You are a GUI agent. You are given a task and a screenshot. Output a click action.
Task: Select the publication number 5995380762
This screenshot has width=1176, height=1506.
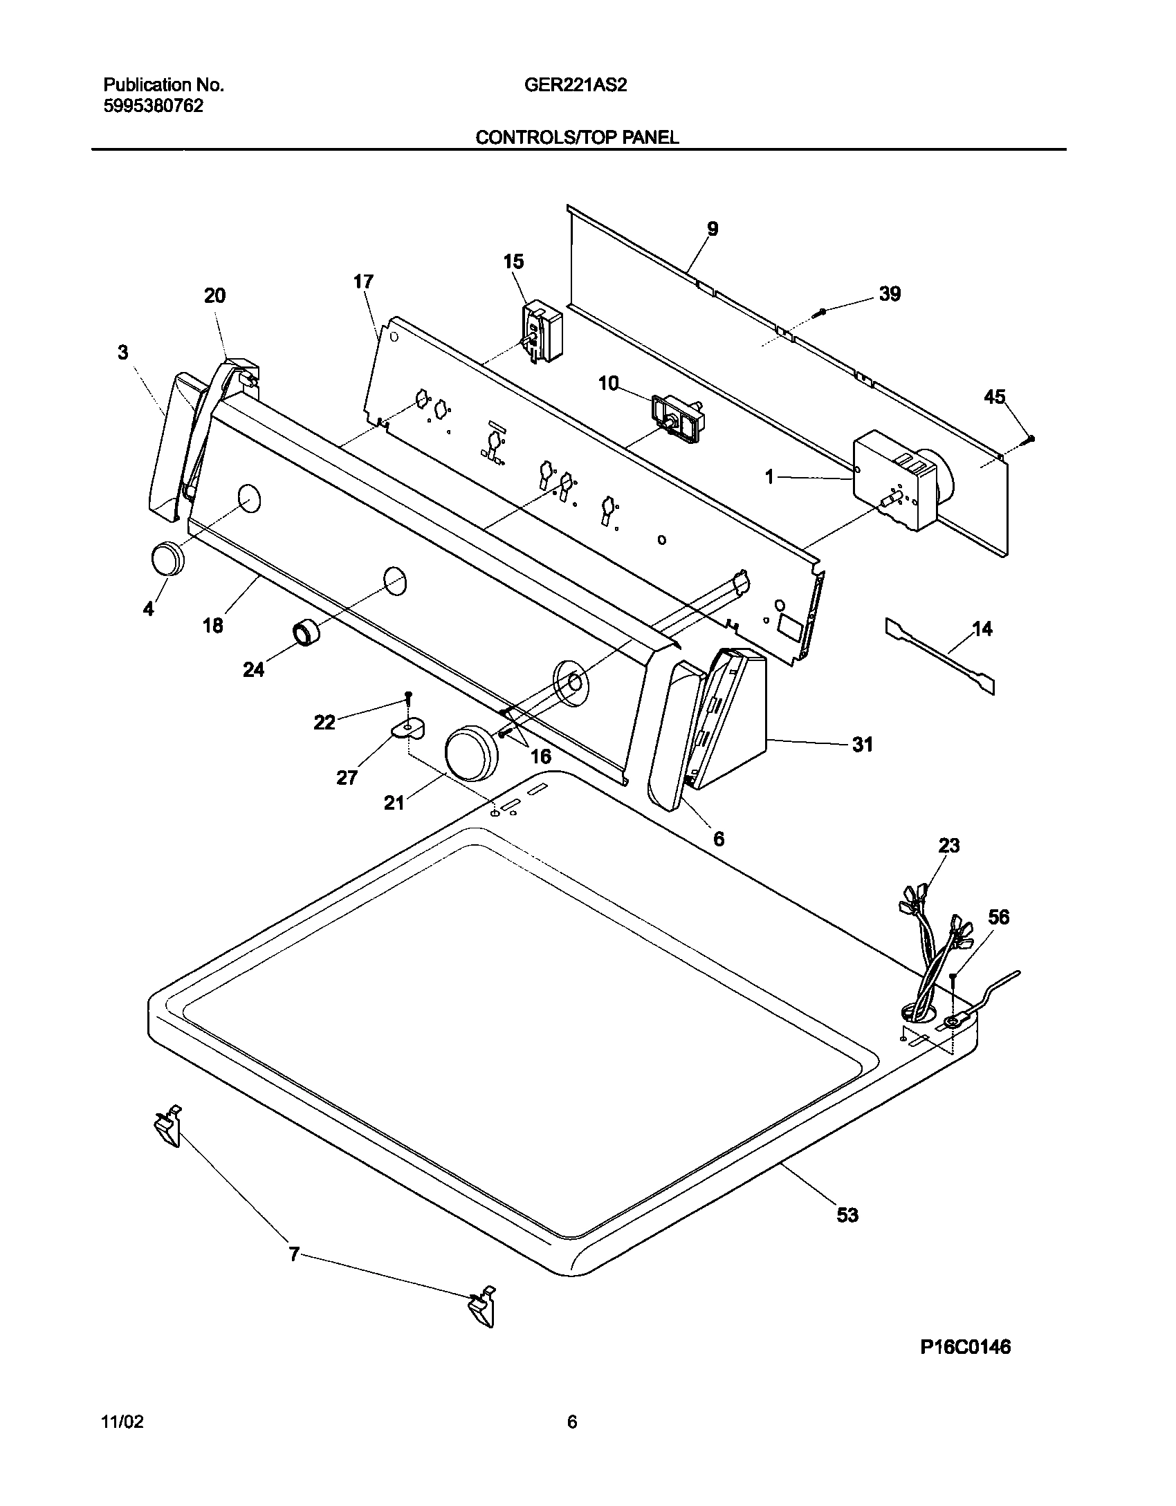pyautogui.click(x=153, y=106)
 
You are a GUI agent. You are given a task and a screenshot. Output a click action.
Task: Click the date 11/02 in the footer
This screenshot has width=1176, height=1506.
pyautogui.click(x=122, y=1422)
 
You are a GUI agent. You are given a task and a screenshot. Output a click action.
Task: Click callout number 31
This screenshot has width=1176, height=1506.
pyautogui.click(x=862, y=745)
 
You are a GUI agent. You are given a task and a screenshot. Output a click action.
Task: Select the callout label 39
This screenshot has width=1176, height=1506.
pyautogui.click(x=890, y=294)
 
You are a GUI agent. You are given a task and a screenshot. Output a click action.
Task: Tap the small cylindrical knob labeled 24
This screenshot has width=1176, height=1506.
pyautogui.click(x=305, y=633)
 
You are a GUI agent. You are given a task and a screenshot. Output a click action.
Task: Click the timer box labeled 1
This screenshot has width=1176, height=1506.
pyautogui.click(x=892, y=481)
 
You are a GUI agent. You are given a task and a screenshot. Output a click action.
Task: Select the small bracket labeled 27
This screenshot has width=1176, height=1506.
pyautogui.click(x=408, y=727)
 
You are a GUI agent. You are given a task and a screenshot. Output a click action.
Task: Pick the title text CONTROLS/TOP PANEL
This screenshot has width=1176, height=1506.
pyautogui.click(x=577, y=138)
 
